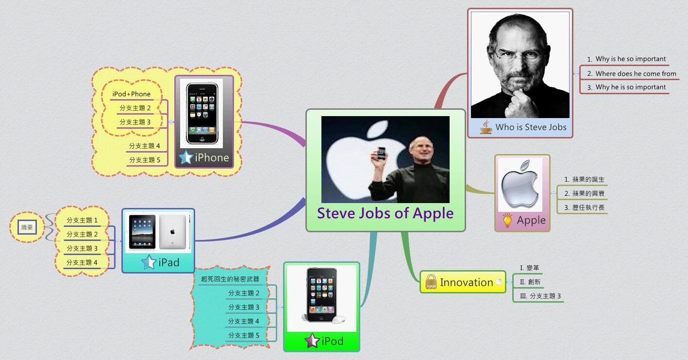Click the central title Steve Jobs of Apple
386,213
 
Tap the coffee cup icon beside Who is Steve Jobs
486,127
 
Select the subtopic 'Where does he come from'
636,73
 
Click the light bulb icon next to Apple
507,220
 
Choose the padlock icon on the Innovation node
431,282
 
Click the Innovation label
466,282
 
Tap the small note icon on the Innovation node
499,282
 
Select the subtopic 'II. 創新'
530,282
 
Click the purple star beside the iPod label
311,341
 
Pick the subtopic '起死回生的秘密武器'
230,279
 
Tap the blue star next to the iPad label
148,263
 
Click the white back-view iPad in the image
172,231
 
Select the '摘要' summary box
27,227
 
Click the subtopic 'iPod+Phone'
131,94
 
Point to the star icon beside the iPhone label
185,158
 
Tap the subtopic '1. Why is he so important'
630,59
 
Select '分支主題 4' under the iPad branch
82,262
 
